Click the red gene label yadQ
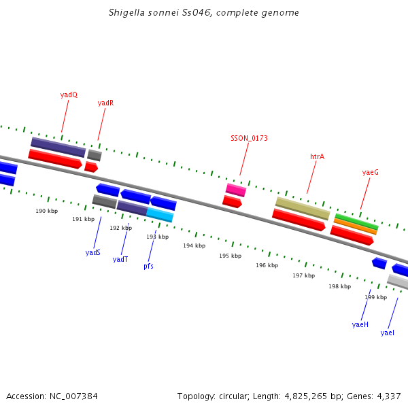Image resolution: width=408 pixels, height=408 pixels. pyautogui.click(x=69, y=95)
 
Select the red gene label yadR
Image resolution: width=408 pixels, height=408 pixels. pyautogui.click(x=105, y=103)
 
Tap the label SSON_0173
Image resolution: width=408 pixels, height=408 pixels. pyautogui.click(x=249, y=138)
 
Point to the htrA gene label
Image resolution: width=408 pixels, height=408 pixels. pyautogui.click(x=317, y=156)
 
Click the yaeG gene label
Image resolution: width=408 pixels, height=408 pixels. pyautogui.click(x=370, y=173)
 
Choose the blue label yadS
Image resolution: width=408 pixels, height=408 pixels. pyautogui.click(x=93, y=252)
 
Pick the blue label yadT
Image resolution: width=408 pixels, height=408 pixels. pyautogui.click(x=120, y=259)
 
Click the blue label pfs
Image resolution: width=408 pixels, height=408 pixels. pyautogui.click(x=148, y=266)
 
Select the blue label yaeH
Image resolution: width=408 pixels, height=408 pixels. pyautogui.click(x=360, y=324)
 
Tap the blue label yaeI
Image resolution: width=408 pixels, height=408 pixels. pyautogui.click(x=388, y=333)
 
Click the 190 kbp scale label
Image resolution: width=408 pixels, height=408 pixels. pyautogui.click(x=47, y=211)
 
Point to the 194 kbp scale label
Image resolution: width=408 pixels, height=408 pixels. pyautogui.click(x=194, y=245)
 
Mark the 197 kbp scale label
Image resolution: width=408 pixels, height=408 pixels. pyautogui.click(x=303, y=275)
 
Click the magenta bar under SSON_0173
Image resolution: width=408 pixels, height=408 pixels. pyautogui.click(x=235, y=190)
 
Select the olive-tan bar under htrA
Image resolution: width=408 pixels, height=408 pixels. pyautogui.click(x=303, y=208)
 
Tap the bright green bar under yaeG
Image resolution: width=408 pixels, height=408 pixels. pyautogui.click(x=356, y=221)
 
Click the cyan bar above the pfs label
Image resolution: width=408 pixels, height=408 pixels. pyautogui.click(x=160, y=215)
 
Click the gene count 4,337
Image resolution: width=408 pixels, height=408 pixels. pyautogui.click(x=389, y=396)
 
